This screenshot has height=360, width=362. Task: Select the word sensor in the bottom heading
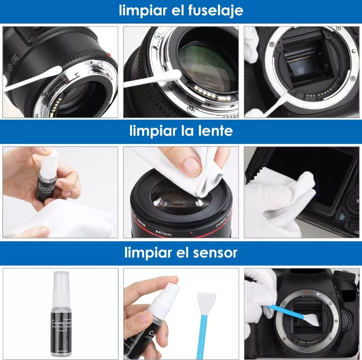[x=213, y=252]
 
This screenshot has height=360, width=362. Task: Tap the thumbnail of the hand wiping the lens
[x=181, y=192]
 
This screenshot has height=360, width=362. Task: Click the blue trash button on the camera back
[x=342, y=217]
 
